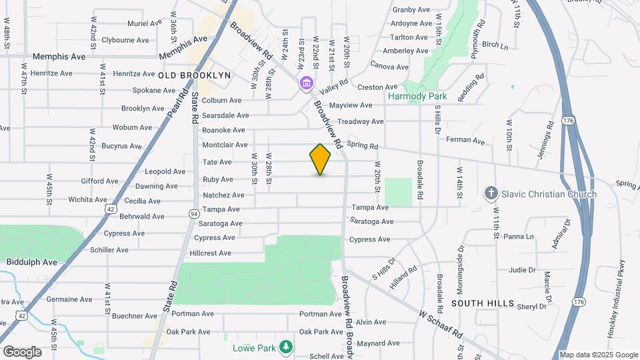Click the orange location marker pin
[320, 159]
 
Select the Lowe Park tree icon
[286, 346]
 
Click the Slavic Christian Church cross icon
[491, 193]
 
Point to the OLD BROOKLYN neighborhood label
[195, 75]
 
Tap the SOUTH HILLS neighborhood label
[483, 303]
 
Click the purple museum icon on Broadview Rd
[306, 83]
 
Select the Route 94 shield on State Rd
[193, 214]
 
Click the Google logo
[22, 351]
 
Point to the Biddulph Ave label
[32, 262]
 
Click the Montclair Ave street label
[225, 145]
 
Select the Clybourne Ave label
[125, 40]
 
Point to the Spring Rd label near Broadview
[362, 146]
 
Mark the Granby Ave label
[411, 9]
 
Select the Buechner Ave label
[135, 316]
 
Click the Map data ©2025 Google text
[597, 355]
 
